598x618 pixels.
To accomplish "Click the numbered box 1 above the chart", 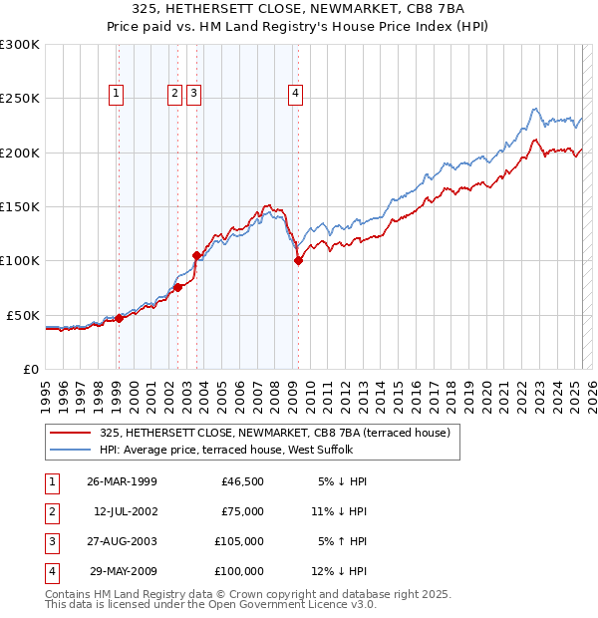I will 117,95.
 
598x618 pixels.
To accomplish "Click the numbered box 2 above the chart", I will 174,95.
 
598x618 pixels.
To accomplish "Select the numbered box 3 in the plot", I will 193,95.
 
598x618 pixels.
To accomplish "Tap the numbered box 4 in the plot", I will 296,95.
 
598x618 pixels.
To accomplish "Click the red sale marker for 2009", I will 298,261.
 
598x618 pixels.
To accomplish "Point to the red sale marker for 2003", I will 196,255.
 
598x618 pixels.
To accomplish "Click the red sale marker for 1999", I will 119,318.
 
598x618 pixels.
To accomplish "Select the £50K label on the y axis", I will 23,315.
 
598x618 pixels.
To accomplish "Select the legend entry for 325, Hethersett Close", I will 275,433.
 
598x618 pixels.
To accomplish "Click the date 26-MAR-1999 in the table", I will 122,481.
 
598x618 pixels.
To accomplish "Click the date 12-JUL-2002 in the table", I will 125,511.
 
